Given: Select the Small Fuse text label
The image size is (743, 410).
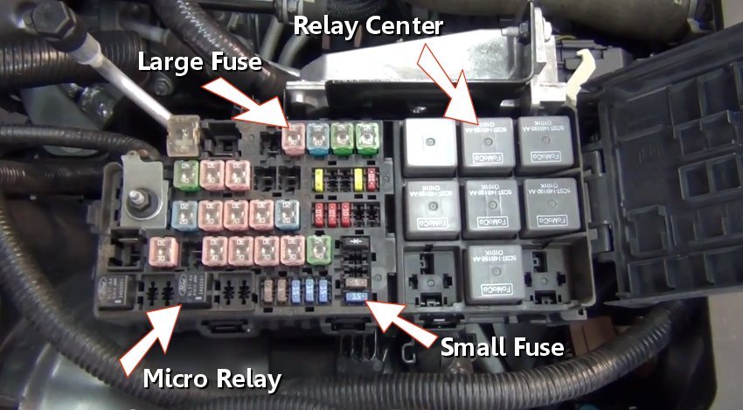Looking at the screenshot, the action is (502, 347).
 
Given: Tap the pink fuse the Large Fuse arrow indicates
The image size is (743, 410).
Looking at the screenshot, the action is (295, 136).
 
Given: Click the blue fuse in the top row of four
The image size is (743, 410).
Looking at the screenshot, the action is (319, 136).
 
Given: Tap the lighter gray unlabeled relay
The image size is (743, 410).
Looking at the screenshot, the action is (426, 140).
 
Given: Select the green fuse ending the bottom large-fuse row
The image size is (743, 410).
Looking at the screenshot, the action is (318, 247).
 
